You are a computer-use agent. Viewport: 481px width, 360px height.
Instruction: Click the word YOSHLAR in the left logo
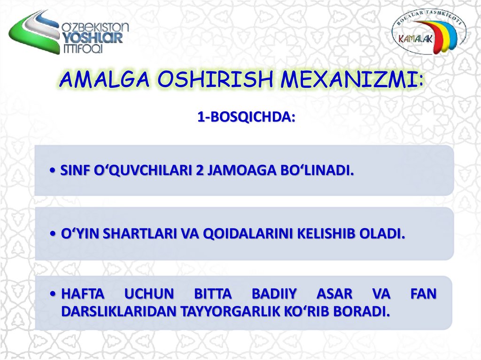[93, 38]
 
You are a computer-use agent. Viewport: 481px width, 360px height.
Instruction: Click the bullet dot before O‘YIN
[54, 234]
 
